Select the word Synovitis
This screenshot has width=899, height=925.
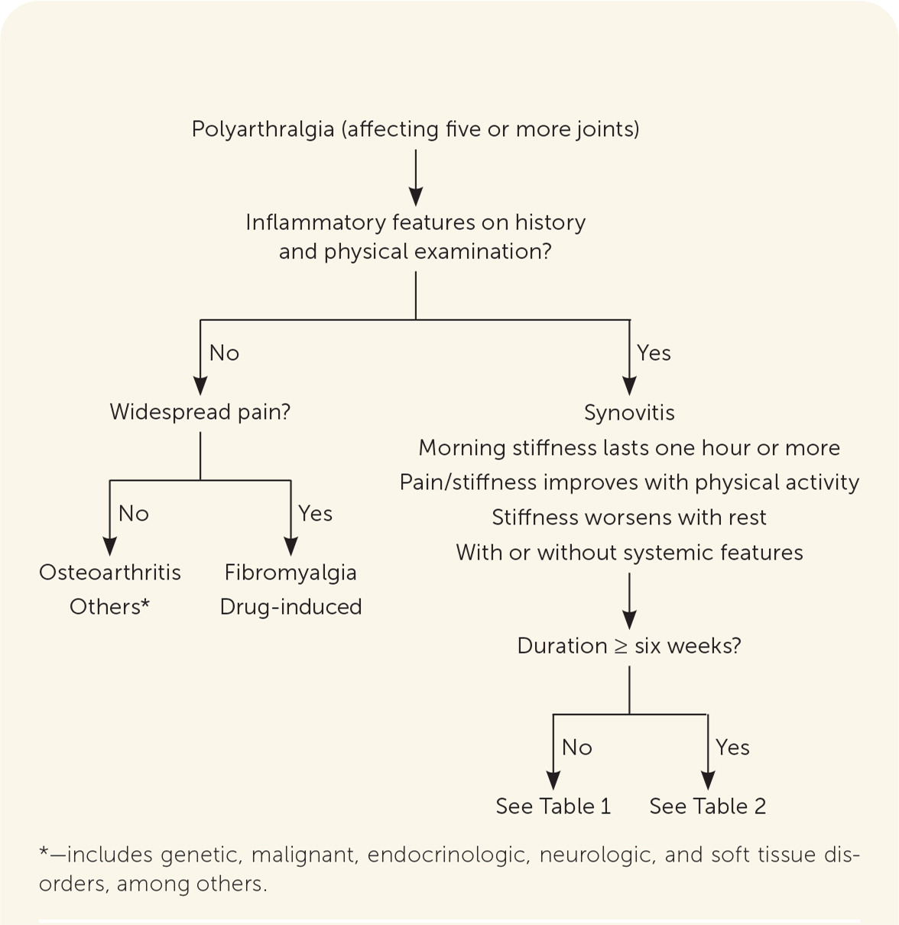click(x=629, y=413)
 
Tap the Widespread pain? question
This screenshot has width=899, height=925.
click(x=200, y=412)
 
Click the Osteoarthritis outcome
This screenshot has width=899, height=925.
click(x=110, y=573)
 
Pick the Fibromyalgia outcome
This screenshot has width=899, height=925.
click(x=290, y=573)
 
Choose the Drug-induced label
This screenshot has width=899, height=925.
click(x=290, y=607)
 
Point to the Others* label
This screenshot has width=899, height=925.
click(x=110, y=607)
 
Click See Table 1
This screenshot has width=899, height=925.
click(x=553, y=807)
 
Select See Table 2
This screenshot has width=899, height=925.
click(x=707, y=807)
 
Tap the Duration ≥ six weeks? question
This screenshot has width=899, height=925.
click(x=629, y=646)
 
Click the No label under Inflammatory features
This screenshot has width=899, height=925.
click(x=224, y=353)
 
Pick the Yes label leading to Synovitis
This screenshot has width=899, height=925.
click(x=654, y=353)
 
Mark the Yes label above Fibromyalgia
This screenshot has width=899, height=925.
click(x=315, y=514)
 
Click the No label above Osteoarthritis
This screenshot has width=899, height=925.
click(x=134, y=514)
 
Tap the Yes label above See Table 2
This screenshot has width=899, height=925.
click(x=732, y=748)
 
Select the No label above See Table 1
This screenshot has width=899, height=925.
click(x=577, y=748)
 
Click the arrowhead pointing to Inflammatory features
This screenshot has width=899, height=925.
click(x=416, y=196)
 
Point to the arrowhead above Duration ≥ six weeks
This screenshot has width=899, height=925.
click(x=629, y=620)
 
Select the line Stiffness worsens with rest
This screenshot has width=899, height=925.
click(x=629, y=518)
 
